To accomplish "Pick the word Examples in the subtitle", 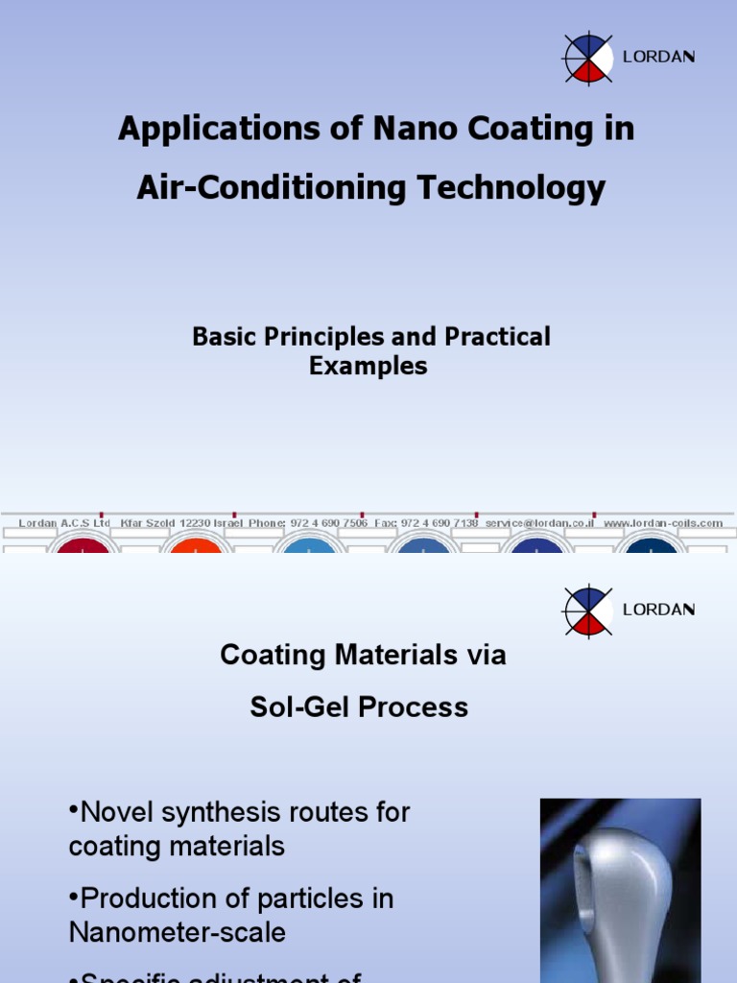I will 368,366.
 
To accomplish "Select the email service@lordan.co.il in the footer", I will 539,523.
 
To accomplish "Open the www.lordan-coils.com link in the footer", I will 663,523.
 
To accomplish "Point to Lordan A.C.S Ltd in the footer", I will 64,523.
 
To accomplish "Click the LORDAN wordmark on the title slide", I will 659,57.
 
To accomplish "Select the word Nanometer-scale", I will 178,932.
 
